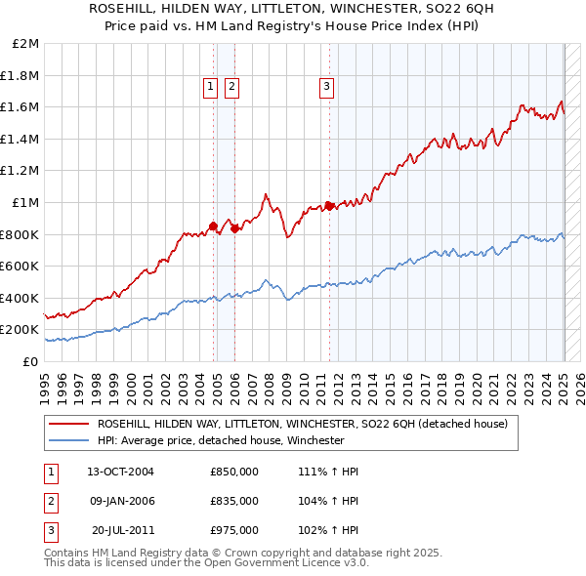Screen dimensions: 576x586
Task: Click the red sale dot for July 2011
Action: pyautogui.click(x=329, y=206)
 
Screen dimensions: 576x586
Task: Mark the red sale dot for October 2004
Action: pyautogui.click(x=214, y=226)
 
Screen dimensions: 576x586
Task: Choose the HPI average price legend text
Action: pyautogui.click(x=221, y=440)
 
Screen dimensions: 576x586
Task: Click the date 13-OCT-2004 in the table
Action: pyautogui.click(x=120, y=472)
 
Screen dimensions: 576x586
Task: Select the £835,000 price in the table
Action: pyautogui.click(x=234, y=501)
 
